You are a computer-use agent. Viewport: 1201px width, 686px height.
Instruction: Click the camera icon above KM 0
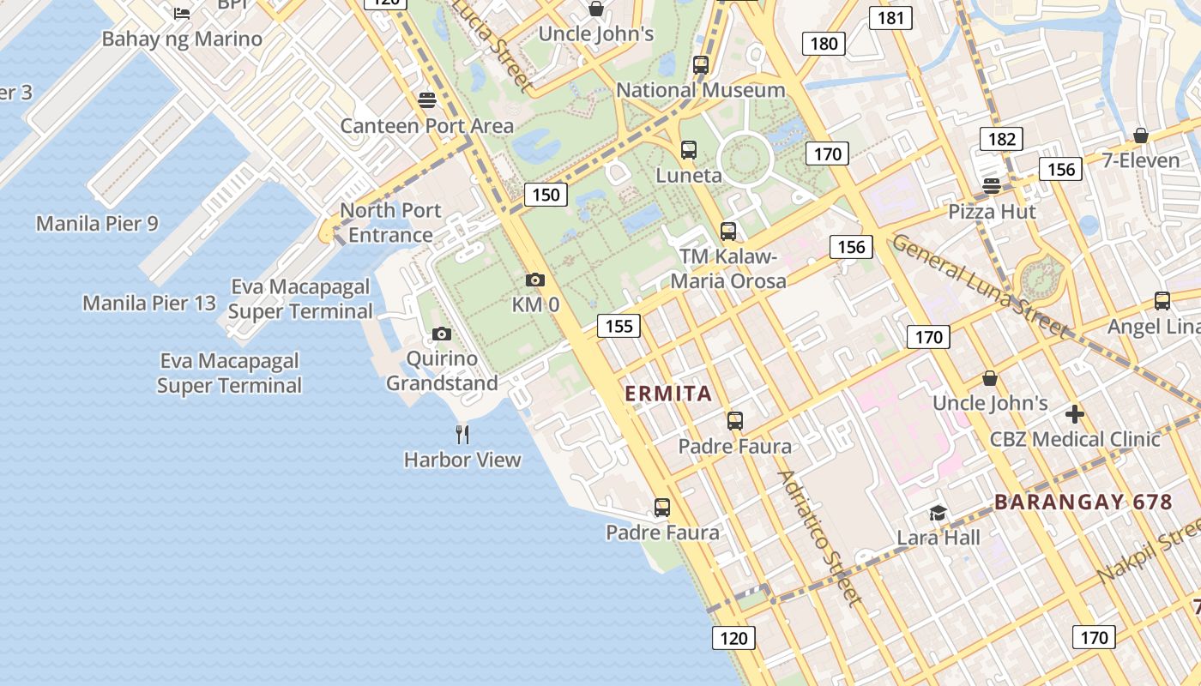tap(534, 280)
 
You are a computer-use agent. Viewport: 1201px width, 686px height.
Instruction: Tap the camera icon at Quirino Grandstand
tap(442, 334)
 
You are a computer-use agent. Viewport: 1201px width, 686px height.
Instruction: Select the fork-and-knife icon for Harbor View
tap(462, 434)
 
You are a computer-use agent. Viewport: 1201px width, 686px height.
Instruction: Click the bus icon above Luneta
tap(688, 150)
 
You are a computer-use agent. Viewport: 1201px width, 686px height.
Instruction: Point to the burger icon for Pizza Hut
tap(992, 186)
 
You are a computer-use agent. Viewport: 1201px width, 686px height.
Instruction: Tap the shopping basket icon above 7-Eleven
tap(1140, 135)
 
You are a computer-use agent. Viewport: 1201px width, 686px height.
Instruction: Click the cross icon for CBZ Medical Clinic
tap(1074, 414)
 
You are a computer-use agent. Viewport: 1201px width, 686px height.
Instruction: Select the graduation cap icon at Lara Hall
tap(938, 513)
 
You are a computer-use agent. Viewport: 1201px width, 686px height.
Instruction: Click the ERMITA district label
tap(668, 394)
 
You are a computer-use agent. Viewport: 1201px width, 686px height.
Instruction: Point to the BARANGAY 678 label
tap(1083, 502)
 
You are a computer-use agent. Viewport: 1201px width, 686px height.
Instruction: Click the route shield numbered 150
tap(546, 195)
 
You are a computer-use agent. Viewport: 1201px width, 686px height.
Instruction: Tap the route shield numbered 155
tap(619, 325)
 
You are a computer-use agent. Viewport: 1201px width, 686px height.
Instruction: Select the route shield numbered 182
tap(1001, 139)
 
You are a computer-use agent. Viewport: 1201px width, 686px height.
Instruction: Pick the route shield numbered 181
tap(890, 17)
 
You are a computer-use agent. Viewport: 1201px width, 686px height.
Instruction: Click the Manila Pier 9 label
tap(97, 224)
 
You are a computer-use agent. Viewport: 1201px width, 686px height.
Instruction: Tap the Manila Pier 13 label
tap(149, 303)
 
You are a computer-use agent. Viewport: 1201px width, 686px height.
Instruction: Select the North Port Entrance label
tap(390, 222)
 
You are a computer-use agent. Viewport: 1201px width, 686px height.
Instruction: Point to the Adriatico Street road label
tap(818, 537)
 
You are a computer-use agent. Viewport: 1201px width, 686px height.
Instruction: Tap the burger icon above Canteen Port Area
tap(427, 100)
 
